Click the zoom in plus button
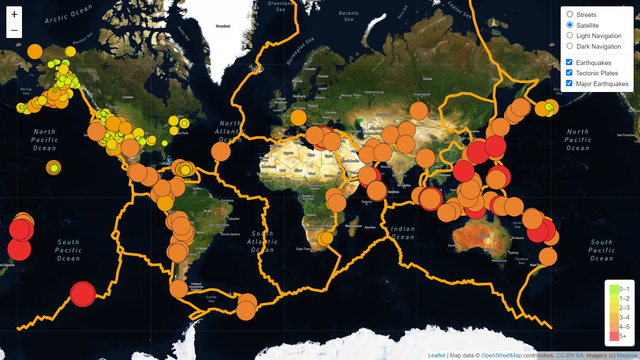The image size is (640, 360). click(x=14, y=14)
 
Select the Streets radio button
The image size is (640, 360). click(x=570, y=14)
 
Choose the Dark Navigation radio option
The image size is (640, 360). click(x=570, y=46)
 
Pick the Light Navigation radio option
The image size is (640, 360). click(x=570, y=35)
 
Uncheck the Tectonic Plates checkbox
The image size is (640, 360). click(x=569, y=73)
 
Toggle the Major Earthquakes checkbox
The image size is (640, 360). click(x=569, y=83)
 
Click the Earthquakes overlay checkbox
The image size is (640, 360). click(x=569, y=62)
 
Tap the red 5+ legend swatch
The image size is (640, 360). click(x=614, y=336)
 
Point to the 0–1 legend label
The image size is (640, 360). click(x=624, y=289)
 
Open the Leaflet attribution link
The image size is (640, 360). click(x=436, y=355)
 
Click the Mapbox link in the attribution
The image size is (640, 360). click(x=627, y=355)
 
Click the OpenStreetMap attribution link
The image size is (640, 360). click(x=501, y=355)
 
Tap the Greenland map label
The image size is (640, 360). click(x=223, y=26)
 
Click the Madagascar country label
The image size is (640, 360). click(x=353, y=226)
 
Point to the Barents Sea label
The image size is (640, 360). click(x=349, y=16)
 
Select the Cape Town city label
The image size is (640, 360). click(x=303, y=249)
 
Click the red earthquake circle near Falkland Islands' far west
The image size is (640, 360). click(x=83, y=294)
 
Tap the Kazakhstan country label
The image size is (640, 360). click(x=384, y=115)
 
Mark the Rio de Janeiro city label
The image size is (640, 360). click(x=230, y=234)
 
